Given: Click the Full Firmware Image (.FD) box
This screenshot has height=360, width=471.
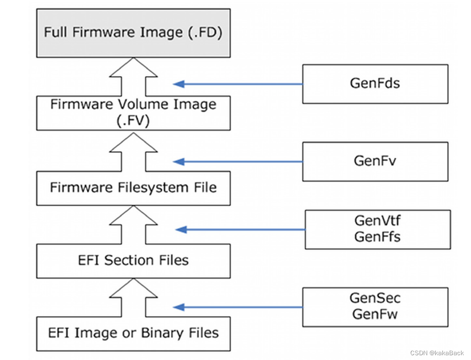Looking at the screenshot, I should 133,33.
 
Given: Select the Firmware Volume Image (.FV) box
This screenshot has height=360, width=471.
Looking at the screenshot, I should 133,113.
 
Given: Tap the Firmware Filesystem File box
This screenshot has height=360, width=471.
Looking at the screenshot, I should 133,187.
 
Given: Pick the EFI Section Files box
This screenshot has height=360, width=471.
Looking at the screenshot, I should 133,260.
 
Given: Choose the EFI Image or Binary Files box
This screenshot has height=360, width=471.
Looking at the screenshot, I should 133,332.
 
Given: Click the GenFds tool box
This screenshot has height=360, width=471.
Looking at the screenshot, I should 375,84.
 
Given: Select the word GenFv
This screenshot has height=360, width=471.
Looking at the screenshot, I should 375,161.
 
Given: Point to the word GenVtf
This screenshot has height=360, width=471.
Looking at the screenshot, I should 377,221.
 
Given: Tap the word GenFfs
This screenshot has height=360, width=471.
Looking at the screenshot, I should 377,236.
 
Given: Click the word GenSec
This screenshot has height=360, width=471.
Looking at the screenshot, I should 375,298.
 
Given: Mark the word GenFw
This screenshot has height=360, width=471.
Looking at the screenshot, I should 375,314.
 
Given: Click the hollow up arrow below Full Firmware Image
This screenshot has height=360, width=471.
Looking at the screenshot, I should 133,76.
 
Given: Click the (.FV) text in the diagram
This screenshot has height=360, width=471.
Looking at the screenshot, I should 133,121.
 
